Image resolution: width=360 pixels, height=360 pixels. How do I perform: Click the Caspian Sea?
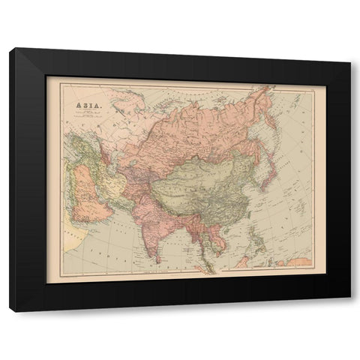coord(104,154)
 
